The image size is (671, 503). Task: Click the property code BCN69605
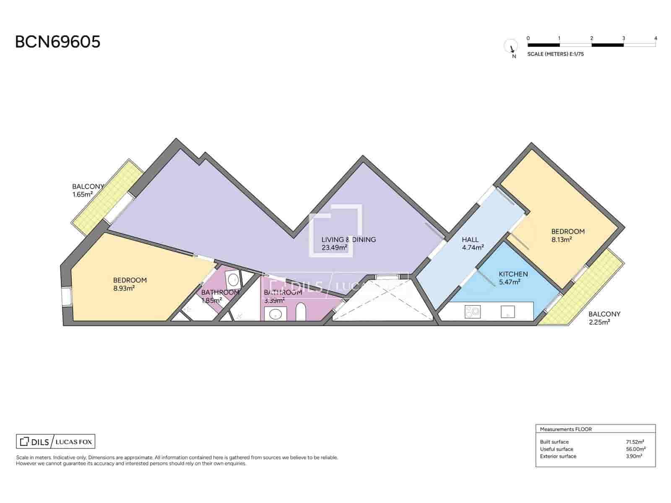pos(57,42)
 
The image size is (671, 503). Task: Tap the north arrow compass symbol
pos(511,47)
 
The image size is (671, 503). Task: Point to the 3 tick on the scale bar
pos(623,39)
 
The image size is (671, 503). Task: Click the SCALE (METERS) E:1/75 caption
pos(555,54)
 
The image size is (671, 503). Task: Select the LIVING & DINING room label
pos(349,240)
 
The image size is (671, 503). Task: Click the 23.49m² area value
pos(334,247)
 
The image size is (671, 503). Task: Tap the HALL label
pos(470,240)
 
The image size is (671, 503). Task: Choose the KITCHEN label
pos(513,274)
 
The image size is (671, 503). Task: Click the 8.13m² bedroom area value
pos(562,239)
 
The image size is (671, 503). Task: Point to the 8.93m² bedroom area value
pos(124,288)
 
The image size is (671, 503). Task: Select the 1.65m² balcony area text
pos(82,194)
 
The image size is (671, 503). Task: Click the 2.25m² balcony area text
pos(599,322)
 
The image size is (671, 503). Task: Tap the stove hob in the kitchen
pos(472,312)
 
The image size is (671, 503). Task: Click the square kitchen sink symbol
pos(507,312)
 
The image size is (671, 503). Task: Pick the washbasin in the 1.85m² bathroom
pos(234,279)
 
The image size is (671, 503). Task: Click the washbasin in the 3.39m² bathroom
pos(276,314)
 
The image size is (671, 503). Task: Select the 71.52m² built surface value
pos(635,442)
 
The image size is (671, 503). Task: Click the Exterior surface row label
pos(558,456)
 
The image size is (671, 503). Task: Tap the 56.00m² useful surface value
pos(636,449)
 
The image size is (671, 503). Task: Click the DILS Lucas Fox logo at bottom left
pos(56,442)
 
